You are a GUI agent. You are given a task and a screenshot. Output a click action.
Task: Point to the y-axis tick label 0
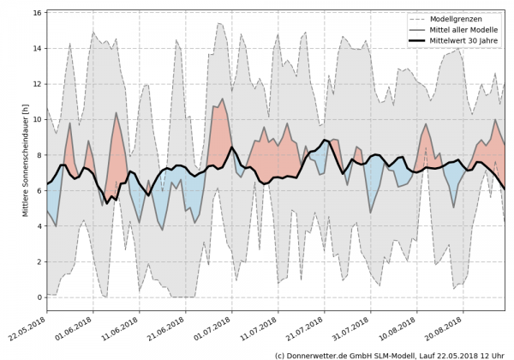37,297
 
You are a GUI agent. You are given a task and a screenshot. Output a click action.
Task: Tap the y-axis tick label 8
37,155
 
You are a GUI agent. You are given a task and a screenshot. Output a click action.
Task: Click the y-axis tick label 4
37,226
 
